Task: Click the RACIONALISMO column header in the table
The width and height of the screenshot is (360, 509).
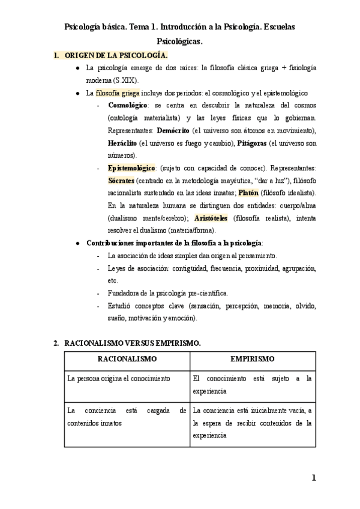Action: pos(127,359)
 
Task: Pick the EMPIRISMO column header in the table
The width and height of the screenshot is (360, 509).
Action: pos(253,359)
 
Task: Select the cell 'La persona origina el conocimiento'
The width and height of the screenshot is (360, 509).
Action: pos(119,379)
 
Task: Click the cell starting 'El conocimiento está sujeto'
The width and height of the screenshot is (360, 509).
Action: pos(252,385)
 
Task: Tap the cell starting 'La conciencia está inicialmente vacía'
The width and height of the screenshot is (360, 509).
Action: pos(252,423)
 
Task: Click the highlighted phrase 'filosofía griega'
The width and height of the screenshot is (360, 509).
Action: pos(118,93)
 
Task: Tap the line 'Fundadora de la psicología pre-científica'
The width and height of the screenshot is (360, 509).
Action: pos(168,293)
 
